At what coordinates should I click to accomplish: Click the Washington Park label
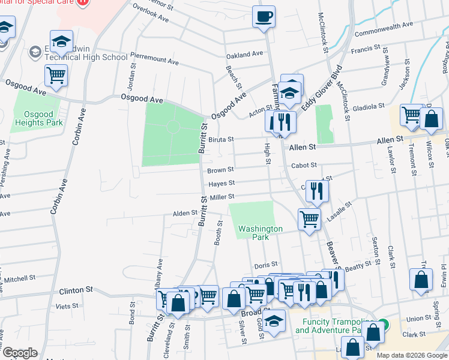coord(260,233)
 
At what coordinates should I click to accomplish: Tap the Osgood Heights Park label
coord(38,118)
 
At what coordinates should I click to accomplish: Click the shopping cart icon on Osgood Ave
coord(56,76)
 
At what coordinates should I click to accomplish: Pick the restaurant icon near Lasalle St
coord(317,191)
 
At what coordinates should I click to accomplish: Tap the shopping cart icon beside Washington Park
coord(309,219)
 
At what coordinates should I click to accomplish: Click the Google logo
coord(20,353)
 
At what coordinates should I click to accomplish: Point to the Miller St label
coord(221,197)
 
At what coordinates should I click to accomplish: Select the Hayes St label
coord(221,184)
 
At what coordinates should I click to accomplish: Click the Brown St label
coord(220,170)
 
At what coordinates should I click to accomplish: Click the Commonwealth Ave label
coord(384,26)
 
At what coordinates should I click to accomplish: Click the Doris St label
coord(265,264)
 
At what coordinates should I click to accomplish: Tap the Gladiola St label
coord(368,106)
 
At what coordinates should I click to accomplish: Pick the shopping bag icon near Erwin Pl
coord(421,279)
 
